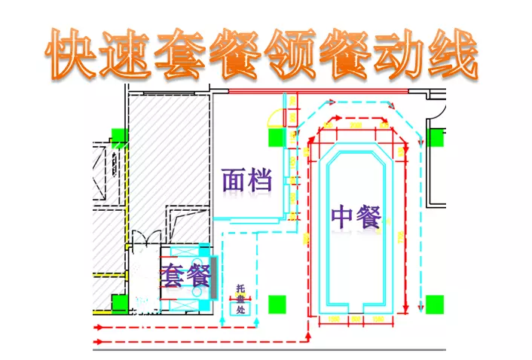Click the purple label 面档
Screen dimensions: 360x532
tap(247, 180)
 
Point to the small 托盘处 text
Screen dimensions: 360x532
tap(240, 298)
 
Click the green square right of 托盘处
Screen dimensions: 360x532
tap(277, 304)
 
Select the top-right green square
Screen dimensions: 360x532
tap(435, 138)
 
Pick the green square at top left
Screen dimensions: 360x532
tap(118, 136)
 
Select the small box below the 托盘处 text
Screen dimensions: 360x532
tap(240, 309)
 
